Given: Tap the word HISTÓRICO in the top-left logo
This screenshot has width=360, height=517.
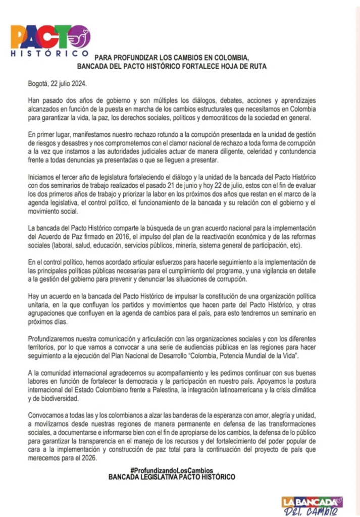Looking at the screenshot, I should click(x=50, y=53).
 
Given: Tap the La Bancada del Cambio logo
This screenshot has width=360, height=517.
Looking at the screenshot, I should click(x=312, y=505).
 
